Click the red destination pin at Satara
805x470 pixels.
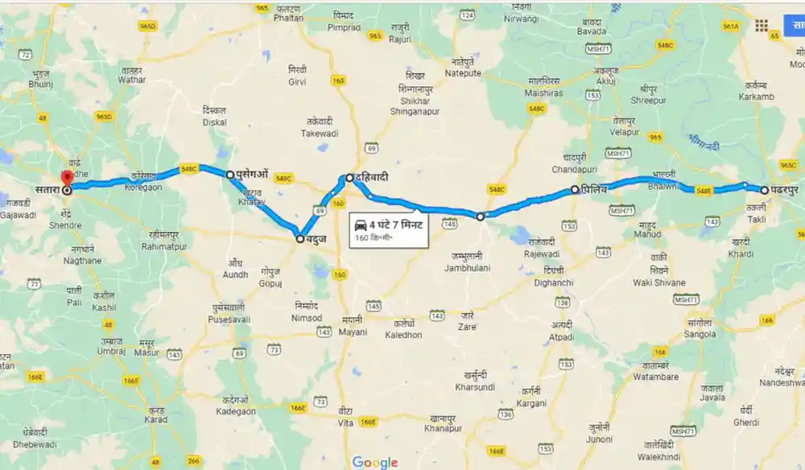[67, 179]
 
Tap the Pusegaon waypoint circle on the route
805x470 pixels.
[230, 174]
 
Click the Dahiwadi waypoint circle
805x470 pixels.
[349, 178]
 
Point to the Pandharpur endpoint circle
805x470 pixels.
[764, 191]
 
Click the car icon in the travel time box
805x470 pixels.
[360, 225]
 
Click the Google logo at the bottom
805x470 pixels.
[375, 462]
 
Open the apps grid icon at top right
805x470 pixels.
[762, 25]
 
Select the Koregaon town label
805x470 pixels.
[143, 187]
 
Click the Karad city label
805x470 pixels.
[156, 419]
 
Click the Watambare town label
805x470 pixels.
[656, 377]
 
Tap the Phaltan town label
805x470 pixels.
[287, 17]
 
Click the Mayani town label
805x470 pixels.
[352, 331]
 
